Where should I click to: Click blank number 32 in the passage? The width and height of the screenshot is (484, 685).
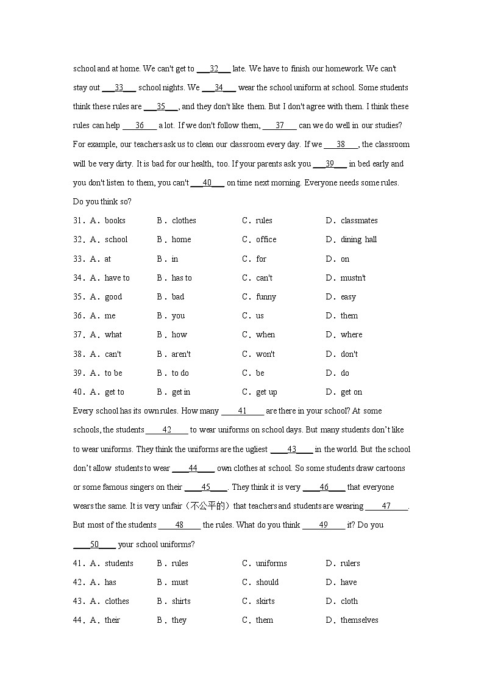pos(214,69)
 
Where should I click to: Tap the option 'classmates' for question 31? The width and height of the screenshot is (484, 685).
pos(359,221)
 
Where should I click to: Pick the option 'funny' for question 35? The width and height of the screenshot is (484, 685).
pos(266,297)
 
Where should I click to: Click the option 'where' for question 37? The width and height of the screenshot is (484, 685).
pos(351,335)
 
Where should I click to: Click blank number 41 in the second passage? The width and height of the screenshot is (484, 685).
pos(243,411)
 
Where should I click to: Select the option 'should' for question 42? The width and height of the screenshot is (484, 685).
pos(267,583)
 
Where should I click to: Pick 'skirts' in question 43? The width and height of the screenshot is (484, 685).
pos(265,601)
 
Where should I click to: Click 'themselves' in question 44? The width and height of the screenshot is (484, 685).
pos(359,620)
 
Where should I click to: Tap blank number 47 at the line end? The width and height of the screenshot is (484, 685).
pos(386,506)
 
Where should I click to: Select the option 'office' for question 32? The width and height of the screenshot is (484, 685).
pos(266,240)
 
